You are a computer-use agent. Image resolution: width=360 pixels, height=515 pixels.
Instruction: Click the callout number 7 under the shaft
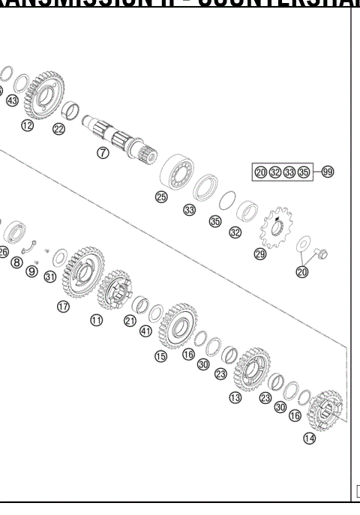coord(103,152)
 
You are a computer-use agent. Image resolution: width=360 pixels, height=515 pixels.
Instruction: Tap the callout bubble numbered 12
coord(28,125)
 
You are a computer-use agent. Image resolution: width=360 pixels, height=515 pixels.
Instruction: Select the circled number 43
coord(11,100)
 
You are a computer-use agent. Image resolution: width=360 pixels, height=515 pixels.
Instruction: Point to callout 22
coord(58,129)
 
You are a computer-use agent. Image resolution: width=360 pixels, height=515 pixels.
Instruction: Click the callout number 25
coord(160,197)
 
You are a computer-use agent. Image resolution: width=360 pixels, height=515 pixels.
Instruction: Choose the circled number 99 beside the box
coord(328,172)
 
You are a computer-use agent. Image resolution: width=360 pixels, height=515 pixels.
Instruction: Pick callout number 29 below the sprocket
coord(260,254)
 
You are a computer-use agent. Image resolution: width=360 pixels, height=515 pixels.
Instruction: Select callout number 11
coord(97,320)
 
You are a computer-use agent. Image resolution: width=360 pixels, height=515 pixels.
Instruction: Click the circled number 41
coord(145,331)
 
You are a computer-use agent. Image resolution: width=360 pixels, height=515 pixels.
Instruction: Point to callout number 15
coord(160,357)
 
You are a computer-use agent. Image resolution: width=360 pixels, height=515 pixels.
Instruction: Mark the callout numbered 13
coord(235,397)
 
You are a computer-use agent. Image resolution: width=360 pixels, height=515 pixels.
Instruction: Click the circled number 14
coord(309,439)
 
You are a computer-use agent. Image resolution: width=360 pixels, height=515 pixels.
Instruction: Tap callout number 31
coord(49,277)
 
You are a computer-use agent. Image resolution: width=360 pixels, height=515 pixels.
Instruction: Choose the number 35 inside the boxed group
coord(303,172)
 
